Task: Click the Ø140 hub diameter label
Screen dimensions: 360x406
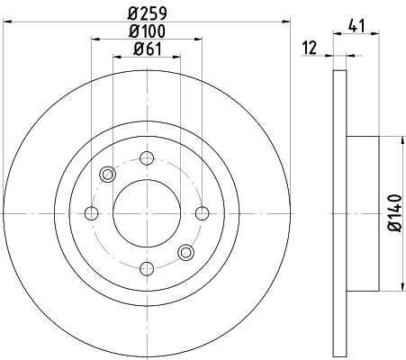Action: point(393,213)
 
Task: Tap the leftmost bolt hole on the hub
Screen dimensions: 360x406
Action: point(91,213)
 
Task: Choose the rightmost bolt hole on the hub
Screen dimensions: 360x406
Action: point(200,213)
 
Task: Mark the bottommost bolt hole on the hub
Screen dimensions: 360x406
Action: point(145,267)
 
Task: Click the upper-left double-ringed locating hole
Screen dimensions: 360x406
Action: point(107,175)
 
